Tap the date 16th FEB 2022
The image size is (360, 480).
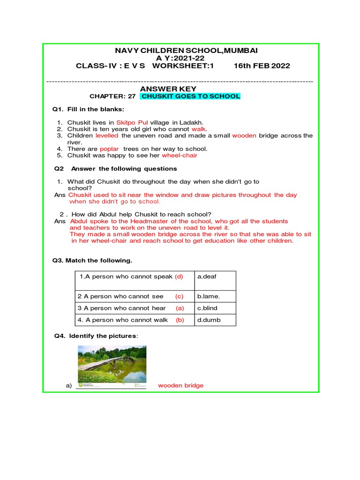click(x=262, y=66)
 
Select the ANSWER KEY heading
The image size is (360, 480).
click(x=168, y=89)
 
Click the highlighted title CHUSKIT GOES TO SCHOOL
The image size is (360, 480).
click(x=191, y=96)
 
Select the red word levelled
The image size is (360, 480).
click(x=107, y=135)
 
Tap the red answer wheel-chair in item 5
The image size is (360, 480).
click(x=180, y=156)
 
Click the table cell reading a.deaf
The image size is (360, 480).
click(x=207, y=277)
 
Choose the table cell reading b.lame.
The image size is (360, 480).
click(x=209, y=296)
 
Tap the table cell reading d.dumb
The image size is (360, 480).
click(x=209, y=320)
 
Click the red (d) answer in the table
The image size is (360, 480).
click(x=179, y=277)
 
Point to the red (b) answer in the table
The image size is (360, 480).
click(x=180, y=320)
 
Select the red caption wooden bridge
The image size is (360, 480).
click(x=180, y=385)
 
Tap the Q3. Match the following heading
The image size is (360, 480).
click(x=92, y=260)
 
